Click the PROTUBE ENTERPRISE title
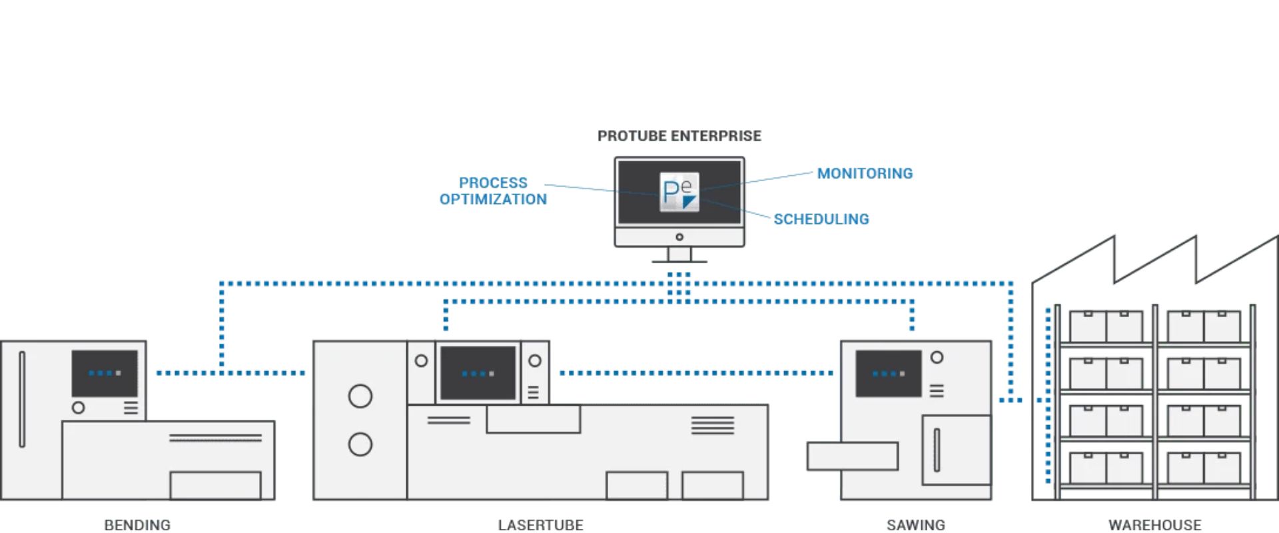[679, 136]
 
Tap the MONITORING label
[865, 173]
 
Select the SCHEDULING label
[821, 219]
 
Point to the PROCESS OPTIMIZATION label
[493, 191]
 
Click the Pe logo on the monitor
[679, 192]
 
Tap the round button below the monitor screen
[679, 237]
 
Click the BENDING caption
[137, 525]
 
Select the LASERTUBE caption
[540, 525]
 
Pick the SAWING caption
[915, 525]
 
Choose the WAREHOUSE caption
[1154, 525]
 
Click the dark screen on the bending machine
[105, 373]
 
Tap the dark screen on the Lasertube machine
[478, 373]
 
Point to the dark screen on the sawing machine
[888, 373]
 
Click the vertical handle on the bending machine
[22, 399]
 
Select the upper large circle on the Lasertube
[360, 396]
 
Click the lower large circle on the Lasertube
[360, 444]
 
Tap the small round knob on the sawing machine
[937, 357]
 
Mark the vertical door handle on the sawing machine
[936, 450]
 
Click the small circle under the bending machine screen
[78, 407]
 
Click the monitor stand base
[679, 260]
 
